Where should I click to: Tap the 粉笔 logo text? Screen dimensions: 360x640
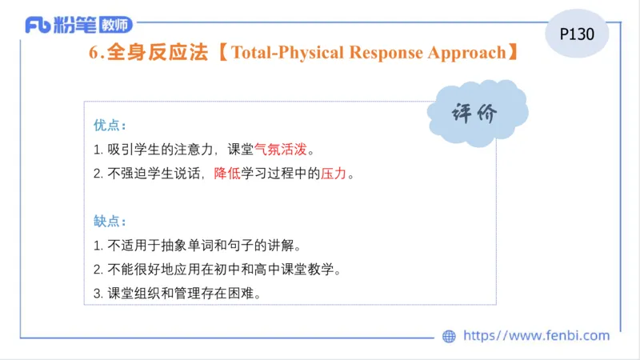click(78, 26)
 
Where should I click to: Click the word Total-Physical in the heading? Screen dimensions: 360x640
click(291, 54)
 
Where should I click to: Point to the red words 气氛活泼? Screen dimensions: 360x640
click(280, 149)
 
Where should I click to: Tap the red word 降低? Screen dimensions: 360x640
click(227, 173)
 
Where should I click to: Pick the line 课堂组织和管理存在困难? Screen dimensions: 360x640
click(179, 293)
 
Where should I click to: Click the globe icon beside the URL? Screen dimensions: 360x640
click(449, 336)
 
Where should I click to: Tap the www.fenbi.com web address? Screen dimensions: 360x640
click(536, 336)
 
